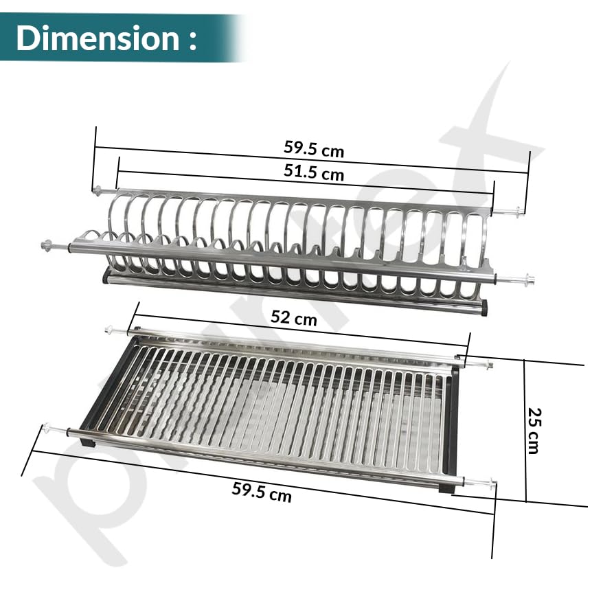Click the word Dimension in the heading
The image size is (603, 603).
pyautogui.click(x=98, y=38)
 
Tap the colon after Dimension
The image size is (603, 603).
pyautogui.click(x=193, y=41)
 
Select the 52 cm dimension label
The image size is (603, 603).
pyautogui.click(x=294, y=318)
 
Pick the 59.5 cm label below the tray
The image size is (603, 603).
pyautogui.click(x=262, y=492)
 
